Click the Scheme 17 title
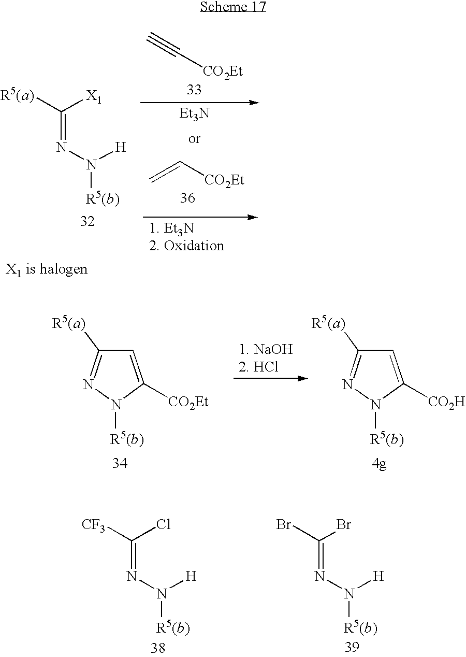pos(233,6)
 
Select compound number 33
pos(194,90)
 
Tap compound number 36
pos(187,198)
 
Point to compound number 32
pos(88,221)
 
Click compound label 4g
pos(379,464)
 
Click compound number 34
pos(120,463)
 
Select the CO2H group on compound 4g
pos(447,403)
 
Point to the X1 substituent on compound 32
pos(94,97)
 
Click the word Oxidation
pos(194,246)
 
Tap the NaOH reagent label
pos(273,349)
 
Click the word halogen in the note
pos(64,269)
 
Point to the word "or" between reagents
pos(194,139)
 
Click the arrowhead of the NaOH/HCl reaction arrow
pos(303,378)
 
